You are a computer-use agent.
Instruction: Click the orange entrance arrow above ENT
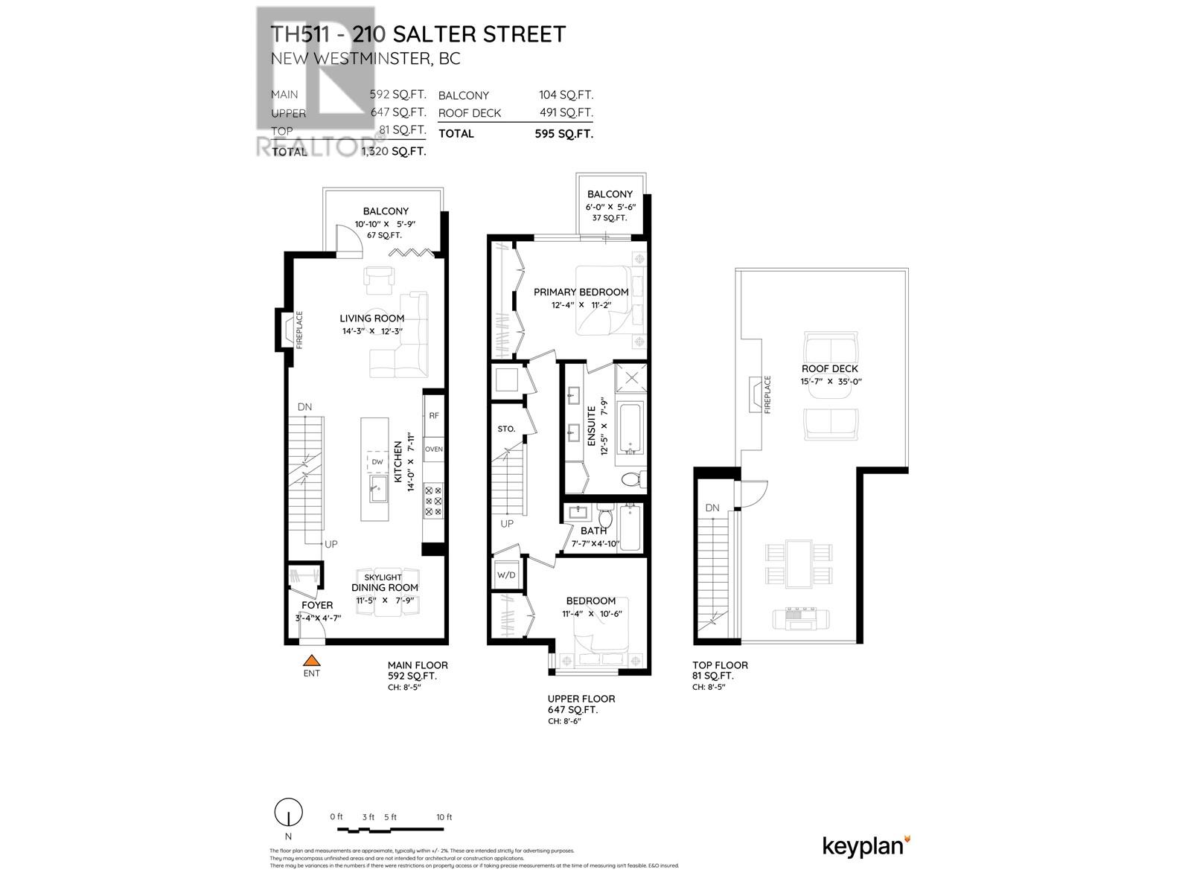pyautogui.click(x=311, y=659)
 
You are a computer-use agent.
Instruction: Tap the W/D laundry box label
pyautogui.click(x=506, y=575)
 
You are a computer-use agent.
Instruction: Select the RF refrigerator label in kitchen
pyautogui.click(x=433, y=416)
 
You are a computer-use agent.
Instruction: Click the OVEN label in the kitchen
pyautogui.click(x=433, y=449)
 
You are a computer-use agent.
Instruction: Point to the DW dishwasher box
pyautogui.click(x=377, y=462)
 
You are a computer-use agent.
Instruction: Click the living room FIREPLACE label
pyautogui.click(x=300, y=330)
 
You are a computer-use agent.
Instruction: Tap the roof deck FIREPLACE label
pyautogui.click(x=767, y=394)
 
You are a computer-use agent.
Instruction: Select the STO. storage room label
pyautogui.click(x=506, y=429)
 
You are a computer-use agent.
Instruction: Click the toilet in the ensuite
pyautogui.click(x=631, y=478)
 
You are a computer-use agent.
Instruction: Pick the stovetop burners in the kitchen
pyautogui.click(x=433, y=500)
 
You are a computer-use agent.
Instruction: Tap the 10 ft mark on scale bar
pyautogui.click(x=444, y=817)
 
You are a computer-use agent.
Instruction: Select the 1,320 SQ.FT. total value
pyautogui.click(x=393, y=151)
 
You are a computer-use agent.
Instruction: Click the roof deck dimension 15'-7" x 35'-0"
pyautogui.click(x=830, y=382)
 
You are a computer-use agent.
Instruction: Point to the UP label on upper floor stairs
pyautogui.click(x=507, y=524)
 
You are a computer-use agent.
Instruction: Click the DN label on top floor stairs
pyautogui.click(x=712, y=508)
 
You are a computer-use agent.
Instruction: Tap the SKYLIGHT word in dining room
pyautogui.click(x=383, y=577)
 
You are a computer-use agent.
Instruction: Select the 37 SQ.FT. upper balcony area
pyautogui.click(x=610, y=218)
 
